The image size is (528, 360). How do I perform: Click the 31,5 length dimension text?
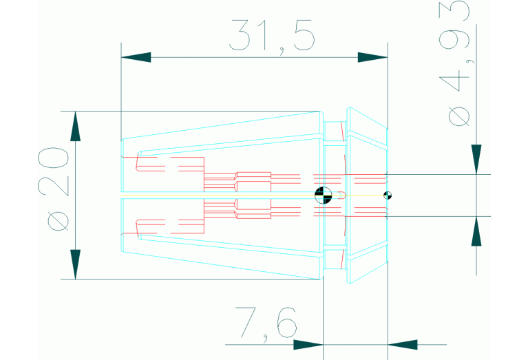(x=272, y=36)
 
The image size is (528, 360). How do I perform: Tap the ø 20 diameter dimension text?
(x=54, y=189)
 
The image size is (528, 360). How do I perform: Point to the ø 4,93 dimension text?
(x=455, y=63)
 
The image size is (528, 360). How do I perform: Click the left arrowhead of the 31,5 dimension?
(x=136, y=57)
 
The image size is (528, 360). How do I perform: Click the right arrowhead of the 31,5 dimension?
(x=372, y=57)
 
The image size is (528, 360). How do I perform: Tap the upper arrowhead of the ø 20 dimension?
(x=76, y=126)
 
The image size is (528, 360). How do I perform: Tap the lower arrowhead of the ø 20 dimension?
(x=76, y=264)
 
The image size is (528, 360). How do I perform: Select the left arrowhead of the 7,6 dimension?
(x=308, y=344)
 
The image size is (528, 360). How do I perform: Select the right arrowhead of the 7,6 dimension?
(x=403, y=344)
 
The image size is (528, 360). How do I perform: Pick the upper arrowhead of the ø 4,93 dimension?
(x=476, y=160)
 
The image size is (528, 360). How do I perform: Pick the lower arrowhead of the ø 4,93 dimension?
(x=476, y=231)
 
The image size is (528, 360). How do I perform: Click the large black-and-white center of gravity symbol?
(x=324, y=195)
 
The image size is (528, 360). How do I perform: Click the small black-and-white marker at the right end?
(x=388, y=195)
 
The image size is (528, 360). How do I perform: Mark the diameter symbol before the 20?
(x=59, y=220)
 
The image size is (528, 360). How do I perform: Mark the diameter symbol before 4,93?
(x=459, y=116)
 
